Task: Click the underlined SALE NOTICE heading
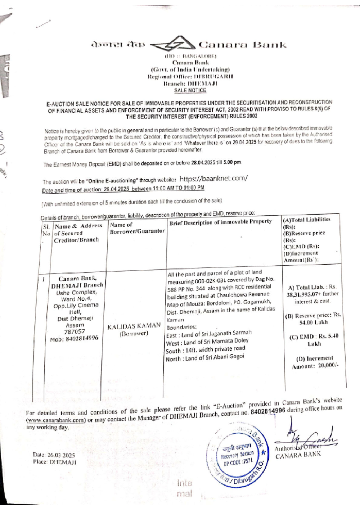point(190,90)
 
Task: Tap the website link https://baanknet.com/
point(213,179)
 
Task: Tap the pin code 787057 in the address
point(75,331)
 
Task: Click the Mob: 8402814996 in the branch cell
point(74,339)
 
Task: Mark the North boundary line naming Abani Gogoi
point(205,357)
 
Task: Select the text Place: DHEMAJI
point(54,462)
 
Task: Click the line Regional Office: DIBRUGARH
point(190,76)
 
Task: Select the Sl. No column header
point(46,230)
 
